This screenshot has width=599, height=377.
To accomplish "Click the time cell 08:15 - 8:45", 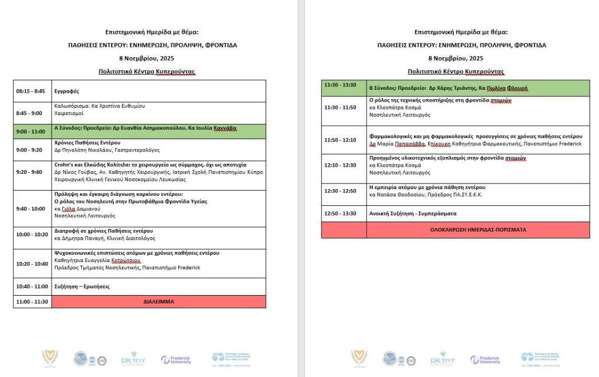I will coord(30,90).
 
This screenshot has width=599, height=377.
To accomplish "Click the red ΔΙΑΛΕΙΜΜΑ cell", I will coord(159,302).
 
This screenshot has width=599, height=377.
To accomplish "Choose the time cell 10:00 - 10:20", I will coord(32,235).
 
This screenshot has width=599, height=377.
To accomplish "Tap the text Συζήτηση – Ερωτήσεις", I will coord(82,287).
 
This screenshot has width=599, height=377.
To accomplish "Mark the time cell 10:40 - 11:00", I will coord(32,287).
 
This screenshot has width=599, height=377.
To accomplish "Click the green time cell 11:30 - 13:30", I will coord(340,85).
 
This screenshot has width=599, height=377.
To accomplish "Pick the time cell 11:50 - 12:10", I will coord(340,140).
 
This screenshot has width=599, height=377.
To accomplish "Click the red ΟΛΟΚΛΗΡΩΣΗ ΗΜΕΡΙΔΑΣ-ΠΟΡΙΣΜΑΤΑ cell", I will coord(478,229).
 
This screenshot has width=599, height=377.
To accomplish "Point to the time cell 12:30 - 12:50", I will coord(340,191).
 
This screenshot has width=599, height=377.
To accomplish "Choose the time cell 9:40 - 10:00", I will coord(30,209).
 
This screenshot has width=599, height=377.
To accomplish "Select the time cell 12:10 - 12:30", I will coord(340,165).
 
